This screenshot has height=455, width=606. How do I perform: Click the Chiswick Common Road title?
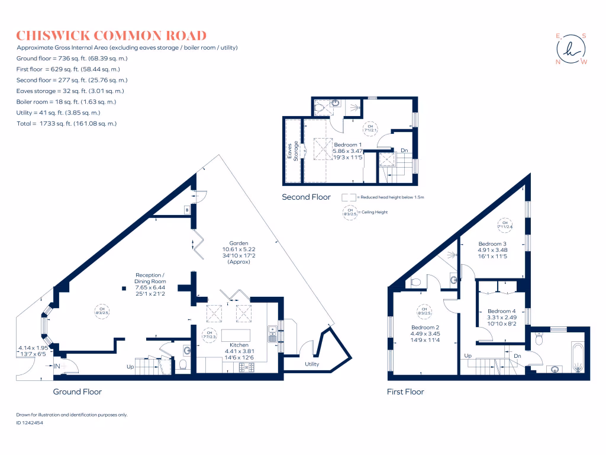pyautogui.click(x=111, y=36)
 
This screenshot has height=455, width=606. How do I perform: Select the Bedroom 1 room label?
pyautogui.click(x=348, y=145)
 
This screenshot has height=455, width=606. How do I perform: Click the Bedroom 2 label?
pyautogui.click(x=425, y=327)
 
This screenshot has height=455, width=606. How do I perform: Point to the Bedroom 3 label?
pyautogui.click(x=492, y=244)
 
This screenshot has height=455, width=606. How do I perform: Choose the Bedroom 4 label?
pyautogui.click(x=501, y=312)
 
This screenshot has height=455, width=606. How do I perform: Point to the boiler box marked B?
pyautogui.click(x=187, y=210)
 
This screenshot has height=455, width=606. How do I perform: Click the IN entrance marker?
pyautogui.click(x=57, y=367)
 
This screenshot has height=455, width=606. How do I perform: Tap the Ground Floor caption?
pyautogui.click(x=78, y=392)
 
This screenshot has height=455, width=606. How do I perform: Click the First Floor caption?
pyautogui.click(x=405, y=392)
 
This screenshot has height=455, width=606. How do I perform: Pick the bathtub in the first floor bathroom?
pyautogui.click(x=577, y=356)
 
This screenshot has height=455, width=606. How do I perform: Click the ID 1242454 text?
pyautogui.click(x=33, y=423)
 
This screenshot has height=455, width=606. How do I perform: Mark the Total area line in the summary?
pyautogui.click(x=67, y=123)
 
